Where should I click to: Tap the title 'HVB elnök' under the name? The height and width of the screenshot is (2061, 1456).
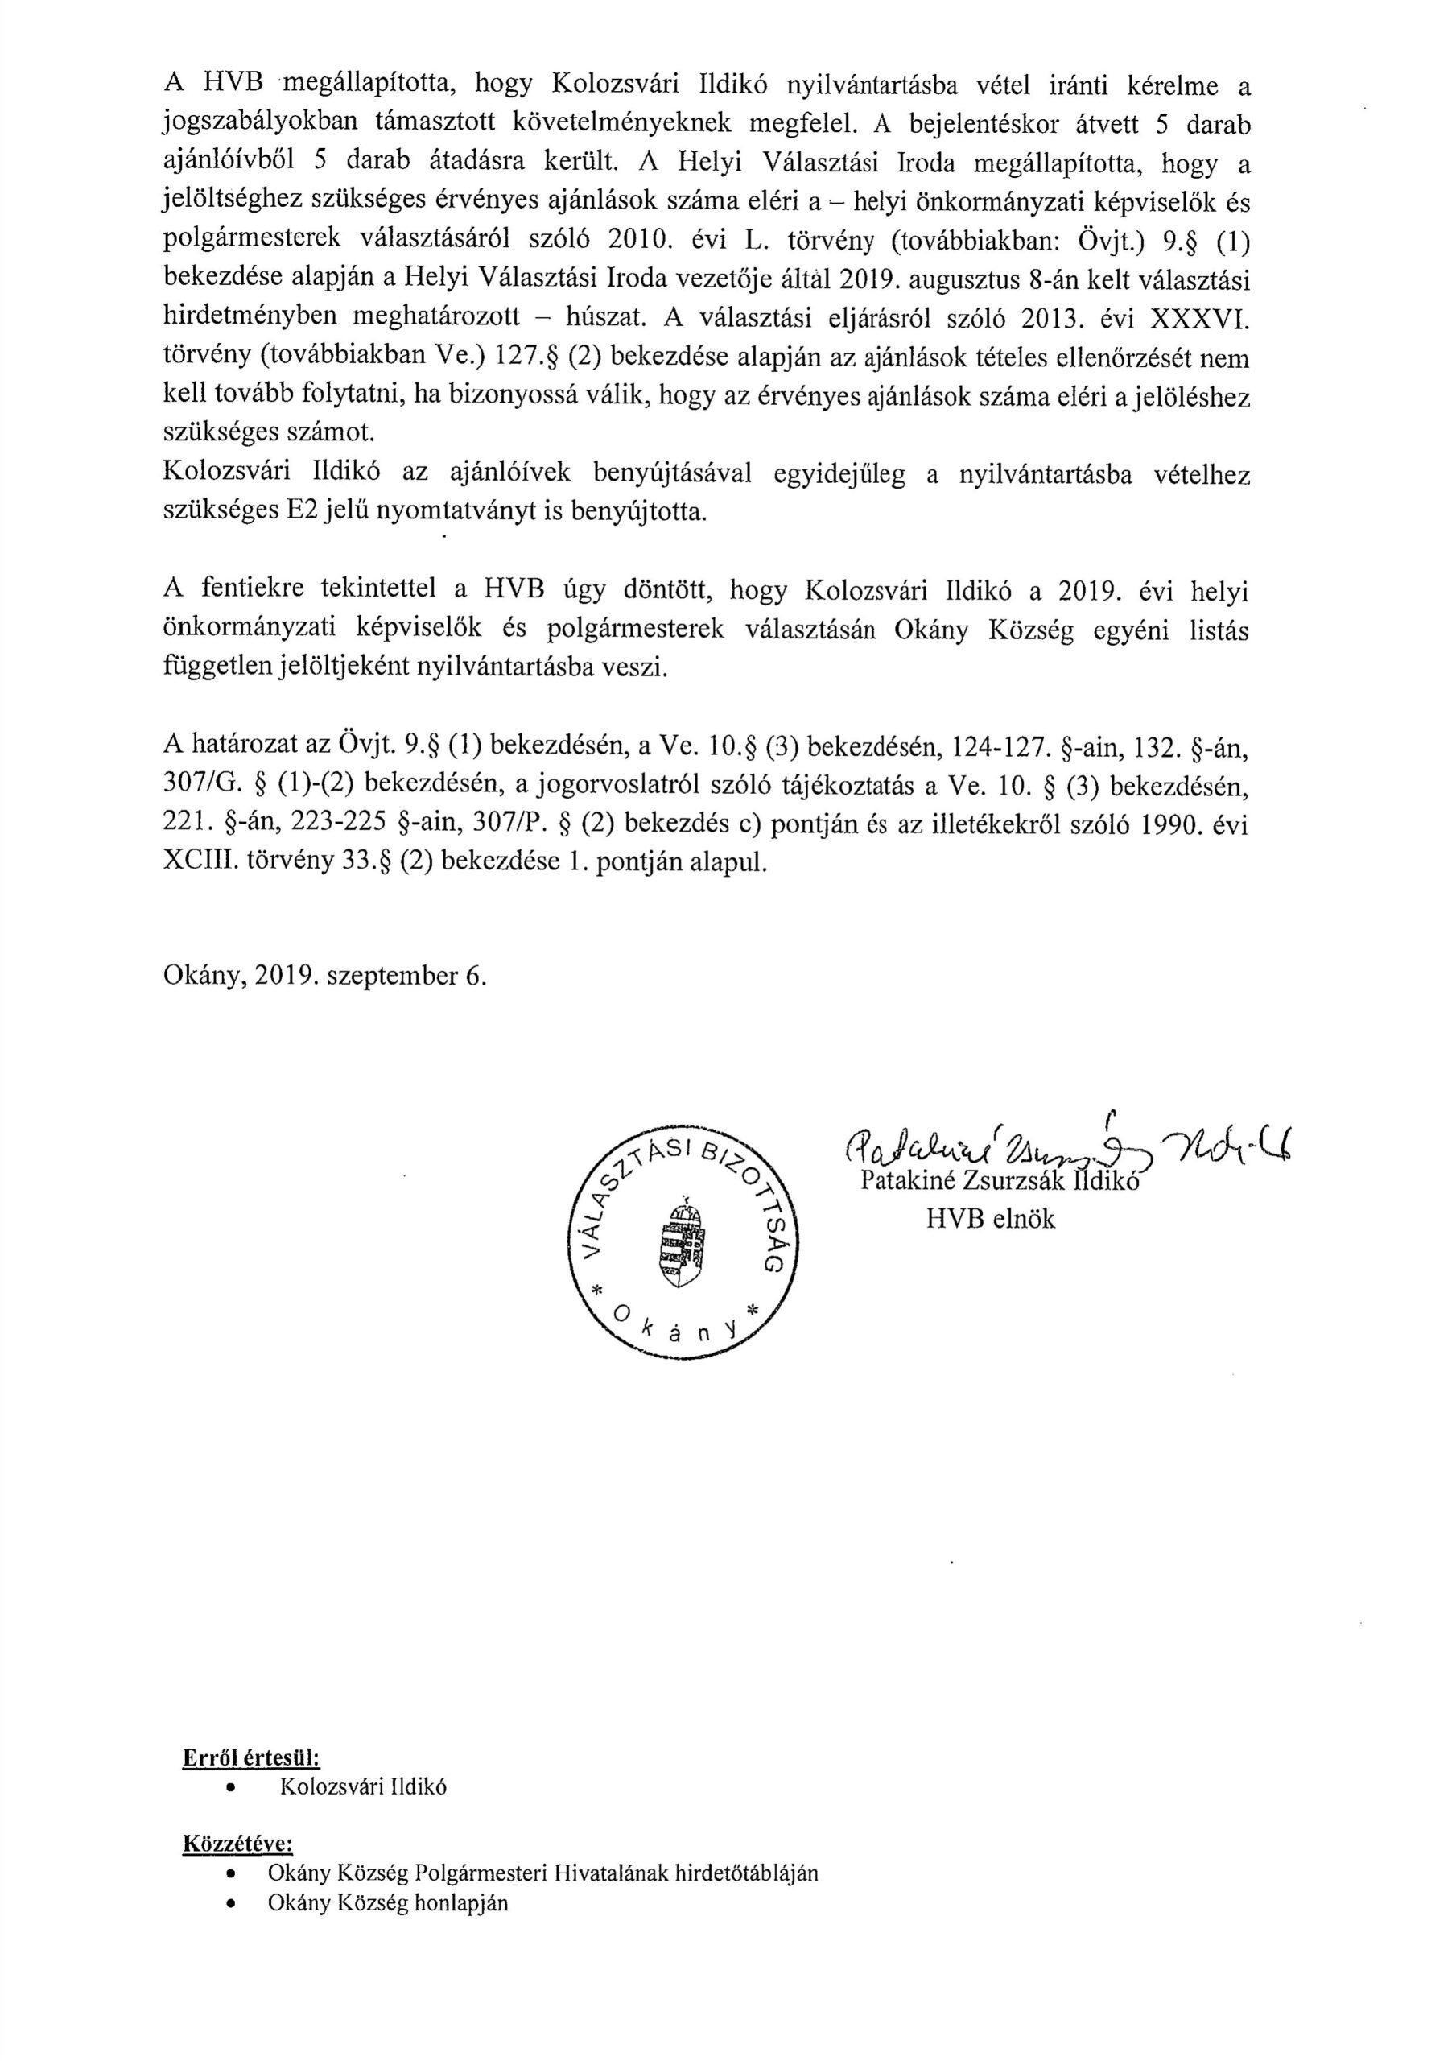[991, 1218]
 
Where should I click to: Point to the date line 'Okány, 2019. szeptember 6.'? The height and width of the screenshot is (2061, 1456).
[325, 976]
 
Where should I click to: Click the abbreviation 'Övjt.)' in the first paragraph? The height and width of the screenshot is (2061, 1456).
[1113, 241]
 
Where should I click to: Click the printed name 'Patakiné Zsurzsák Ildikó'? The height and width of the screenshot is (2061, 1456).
[998, 1181]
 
